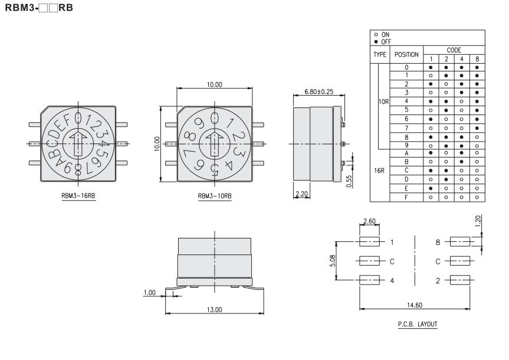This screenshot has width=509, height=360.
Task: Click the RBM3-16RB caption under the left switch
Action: (x=78, y=195)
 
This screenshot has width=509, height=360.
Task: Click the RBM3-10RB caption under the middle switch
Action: (x=215, y=195)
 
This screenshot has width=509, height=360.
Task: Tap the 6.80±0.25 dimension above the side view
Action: (x=318, y=91)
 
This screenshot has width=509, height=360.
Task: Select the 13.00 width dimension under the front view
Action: (x=215, y=310)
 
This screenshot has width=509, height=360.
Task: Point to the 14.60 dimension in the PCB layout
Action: (x=415, y=305)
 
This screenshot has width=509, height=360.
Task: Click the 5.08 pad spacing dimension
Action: (x=333, y=261)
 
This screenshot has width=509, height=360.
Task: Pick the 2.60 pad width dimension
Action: (x=369, y=221)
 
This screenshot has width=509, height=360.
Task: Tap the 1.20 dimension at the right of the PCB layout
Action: (x=478, y=221)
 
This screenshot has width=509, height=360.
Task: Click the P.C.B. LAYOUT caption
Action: (x=418, y=324)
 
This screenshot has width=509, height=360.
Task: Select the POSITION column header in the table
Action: (x=406, y=54)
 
